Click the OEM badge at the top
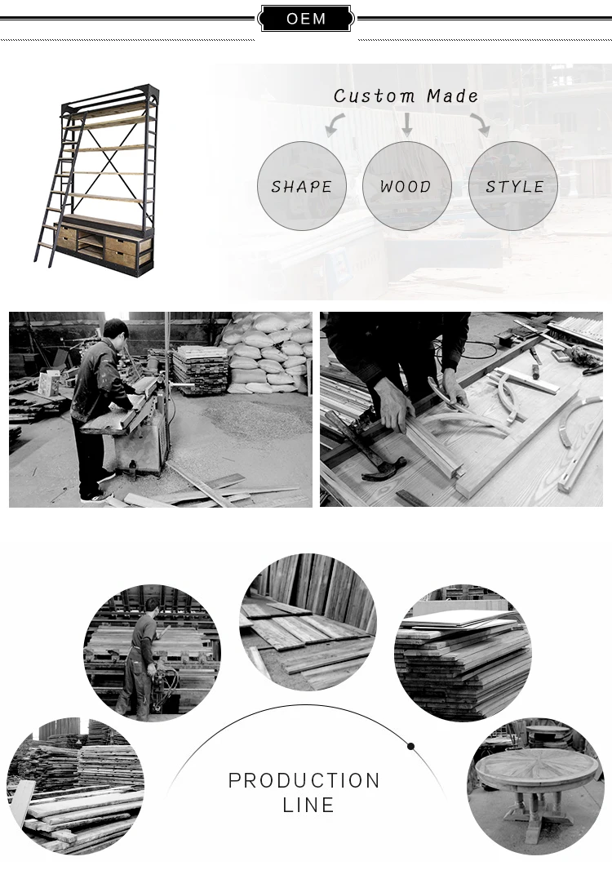click(306, 19)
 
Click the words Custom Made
click(406, 95)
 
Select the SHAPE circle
click(302, 186)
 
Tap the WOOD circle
click(406, 186)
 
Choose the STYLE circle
click(512, 186)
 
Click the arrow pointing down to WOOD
click(407, 124)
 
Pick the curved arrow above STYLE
click(481, 124)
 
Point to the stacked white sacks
click(266, 350)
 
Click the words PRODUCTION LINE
click(304, 792)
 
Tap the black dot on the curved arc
click(410, 746)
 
